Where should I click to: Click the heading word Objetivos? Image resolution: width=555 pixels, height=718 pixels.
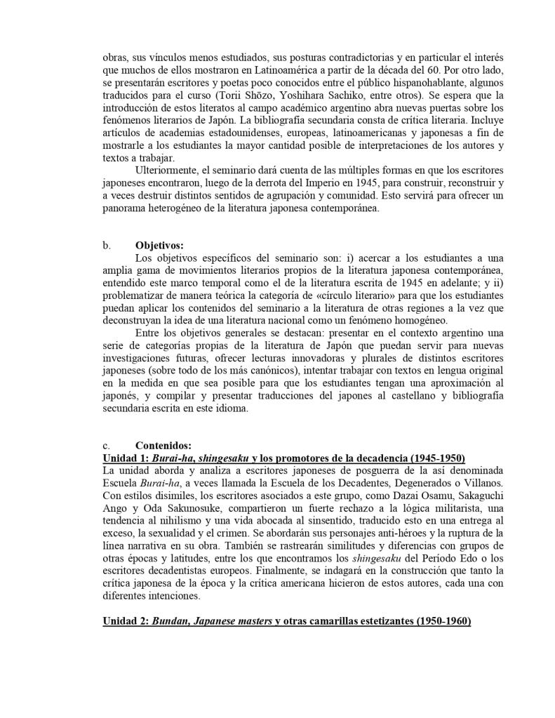(159, 246)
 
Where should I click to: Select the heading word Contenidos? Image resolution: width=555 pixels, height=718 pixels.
(163, 445)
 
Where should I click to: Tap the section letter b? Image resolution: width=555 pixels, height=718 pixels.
(106, 246)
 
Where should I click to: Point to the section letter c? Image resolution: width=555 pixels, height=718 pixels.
(106, 445)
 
